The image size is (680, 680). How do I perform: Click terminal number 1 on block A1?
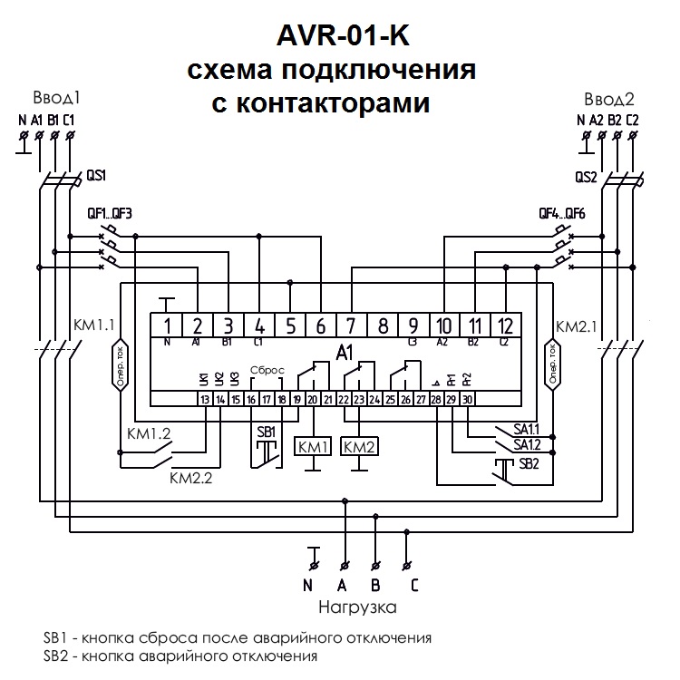168,325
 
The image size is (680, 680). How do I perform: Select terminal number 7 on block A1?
352,325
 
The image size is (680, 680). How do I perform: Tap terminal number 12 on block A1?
505,325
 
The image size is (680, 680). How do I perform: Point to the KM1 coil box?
312,447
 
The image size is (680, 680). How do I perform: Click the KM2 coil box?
360,447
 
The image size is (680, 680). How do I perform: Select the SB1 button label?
266,432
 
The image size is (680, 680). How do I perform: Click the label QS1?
95,174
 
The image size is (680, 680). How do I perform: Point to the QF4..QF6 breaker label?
563,214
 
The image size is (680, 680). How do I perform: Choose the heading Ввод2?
608,99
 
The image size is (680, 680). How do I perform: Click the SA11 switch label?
526,428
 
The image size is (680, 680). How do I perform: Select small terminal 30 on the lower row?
467,399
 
